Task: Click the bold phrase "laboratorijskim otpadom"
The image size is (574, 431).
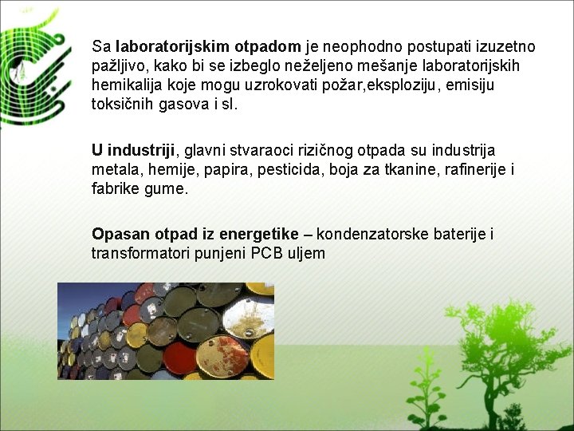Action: pyautogui.click(x=208, y=46)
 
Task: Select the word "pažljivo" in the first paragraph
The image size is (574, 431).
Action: pyautogui.click(x=117, y=65)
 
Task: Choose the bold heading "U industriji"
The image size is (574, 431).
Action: pyautogui.click(x=133, y=150)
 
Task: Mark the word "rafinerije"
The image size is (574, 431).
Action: pyautogui.click(x=466, y=169)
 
